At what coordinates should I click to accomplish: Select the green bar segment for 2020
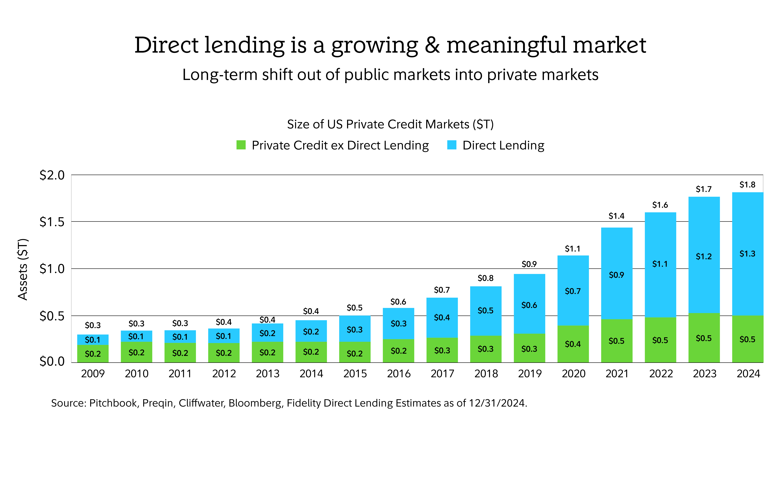573,344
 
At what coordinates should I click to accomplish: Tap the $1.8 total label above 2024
747,185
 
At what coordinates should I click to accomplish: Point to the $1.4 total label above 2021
617,216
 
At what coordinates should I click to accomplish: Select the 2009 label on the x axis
93,374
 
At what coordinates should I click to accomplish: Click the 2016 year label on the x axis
399,374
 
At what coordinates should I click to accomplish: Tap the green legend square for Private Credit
241,145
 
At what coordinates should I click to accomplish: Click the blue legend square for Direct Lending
452,145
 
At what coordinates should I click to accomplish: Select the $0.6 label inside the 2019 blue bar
529,305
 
